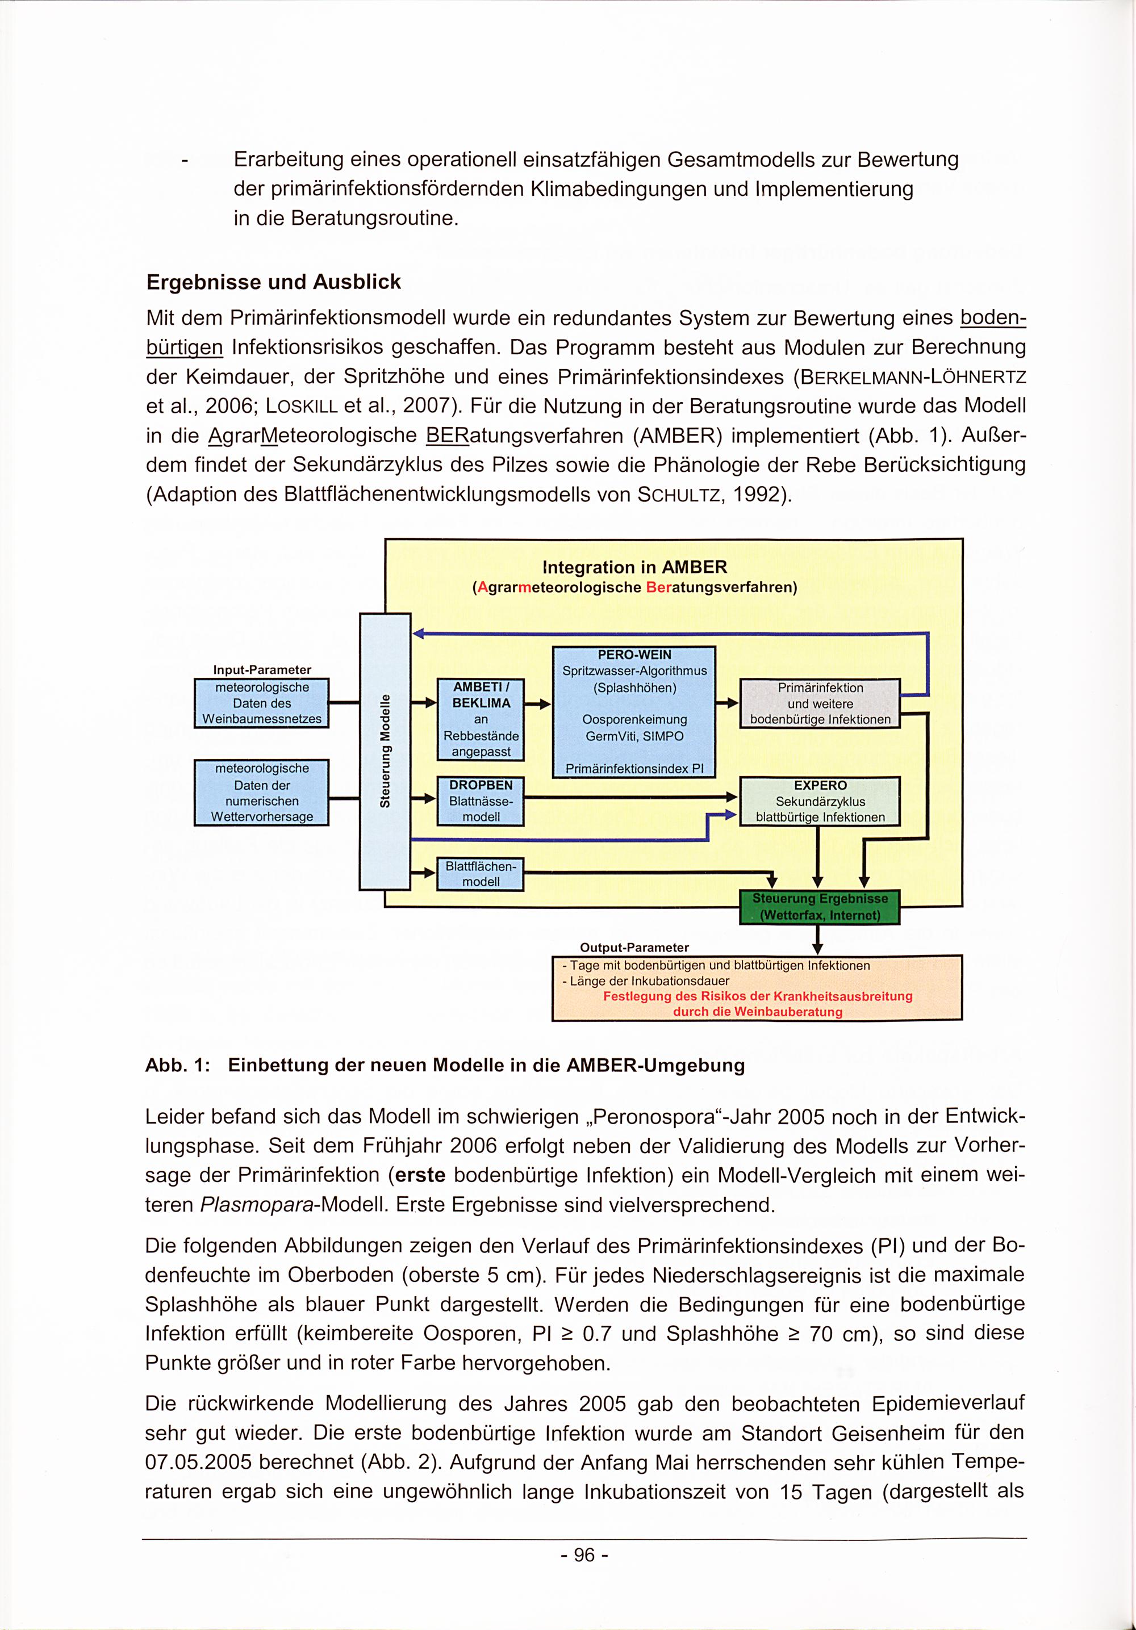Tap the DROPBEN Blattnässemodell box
click(481, 801)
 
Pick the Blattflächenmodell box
click(481, 874)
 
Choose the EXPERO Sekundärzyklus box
click(820, 801)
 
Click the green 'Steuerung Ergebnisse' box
click(820, 907)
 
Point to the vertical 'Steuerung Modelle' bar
click(385, 751)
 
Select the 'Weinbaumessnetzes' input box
click(261, 703)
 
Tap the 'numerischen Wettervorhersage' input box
click(261, 792)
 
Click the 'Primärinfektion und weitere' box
click(820, 703)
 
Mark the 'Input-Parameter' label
click(262, 669)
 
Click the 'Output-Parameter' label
click(634, 947)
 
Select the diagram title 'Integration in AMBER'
click(634, 567)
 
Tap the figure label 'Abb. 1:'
click(178, 1066)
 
